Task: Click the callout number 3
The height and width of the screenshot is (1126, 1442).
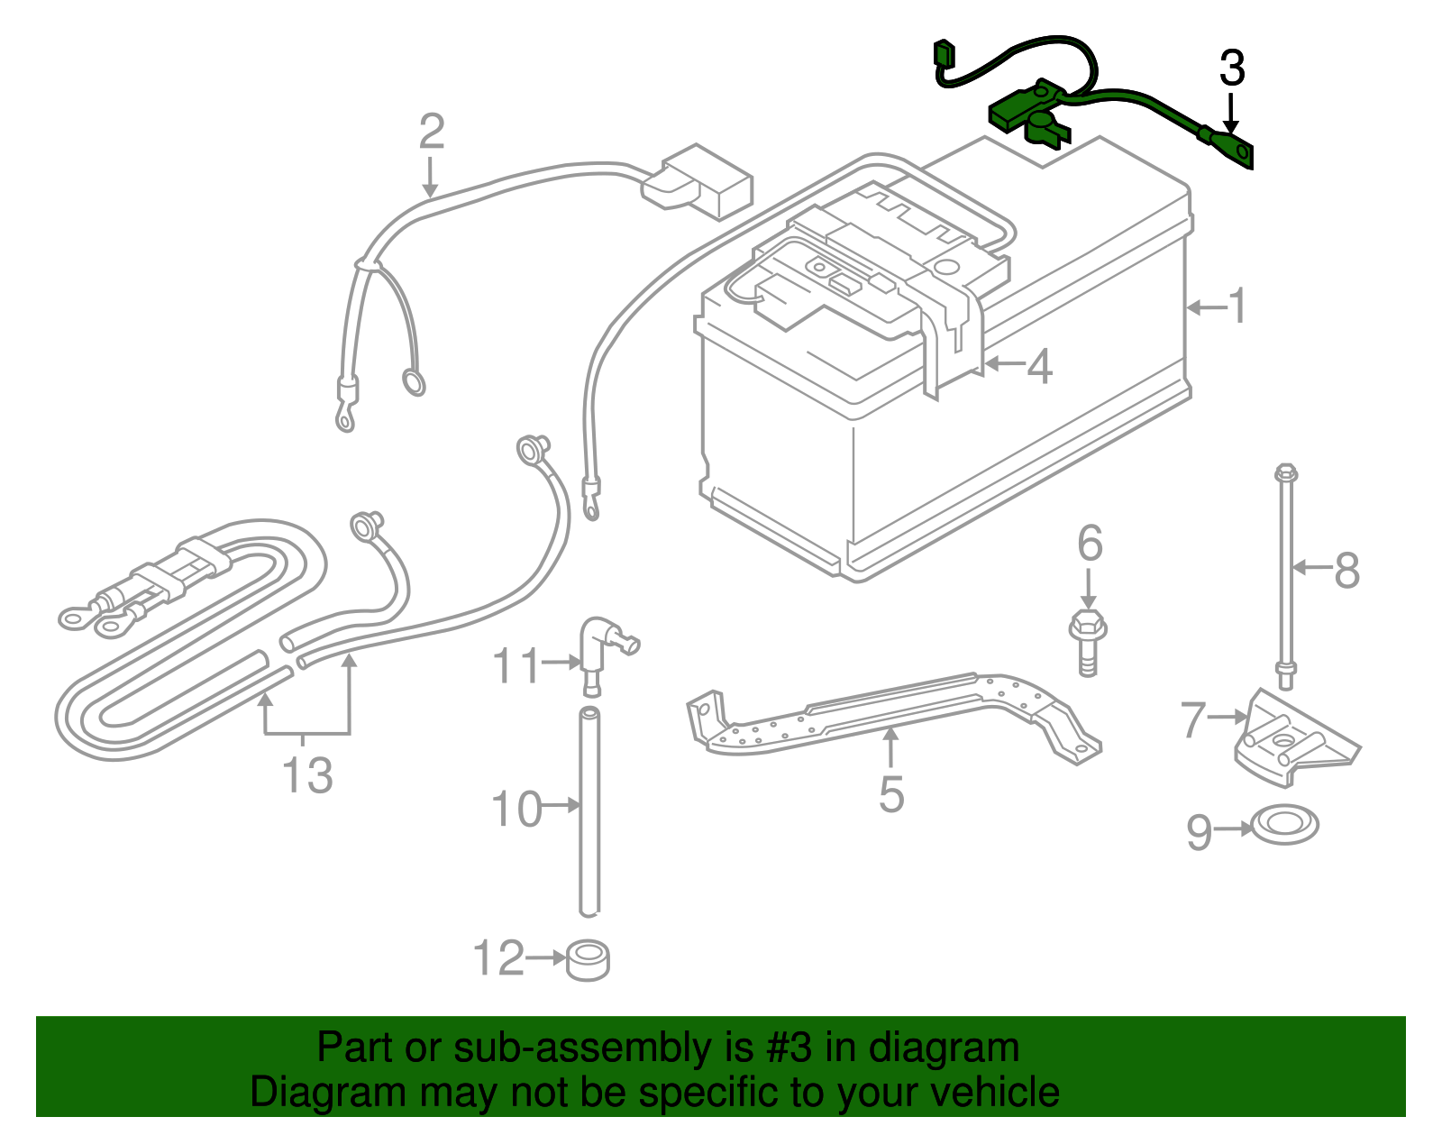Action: click(x=1232, y=69)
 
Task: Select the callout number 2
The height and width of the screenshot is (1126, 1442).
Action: click(x=432, y=133)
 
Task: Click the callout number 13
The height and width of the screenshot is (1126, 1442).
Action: click(x=307, y=774)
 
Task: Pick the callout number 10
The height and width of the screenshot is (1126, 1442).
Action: click(x=516, y=809)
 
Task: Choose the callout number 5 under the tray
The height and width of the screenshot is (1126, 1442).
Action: click(x=890, y=793)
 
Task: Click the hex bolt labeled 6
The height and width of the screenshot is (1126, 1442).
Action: click(x=1088, y=640)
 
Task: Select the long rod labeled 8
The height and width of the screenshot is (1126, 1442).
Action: click(x=1285, y=577)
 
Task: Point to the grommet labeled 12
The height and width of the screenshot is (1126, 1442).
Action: click(x=588, y=961)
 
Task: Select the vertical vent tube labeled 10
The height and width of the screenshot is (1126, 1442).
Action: click(x=589, y=811)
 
